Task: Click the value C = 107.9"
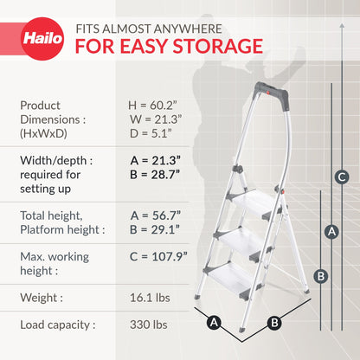(x=158, y=262)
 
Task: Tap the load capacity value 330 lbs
(x=147, y=326)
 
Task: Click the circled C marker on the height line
(x=342, y=177)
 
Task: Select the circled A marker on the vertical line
(x=329, y=231)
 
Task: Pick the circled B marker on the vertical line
(x=320, y=277)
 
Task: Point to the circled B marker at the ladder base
(x=274, y=324)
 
